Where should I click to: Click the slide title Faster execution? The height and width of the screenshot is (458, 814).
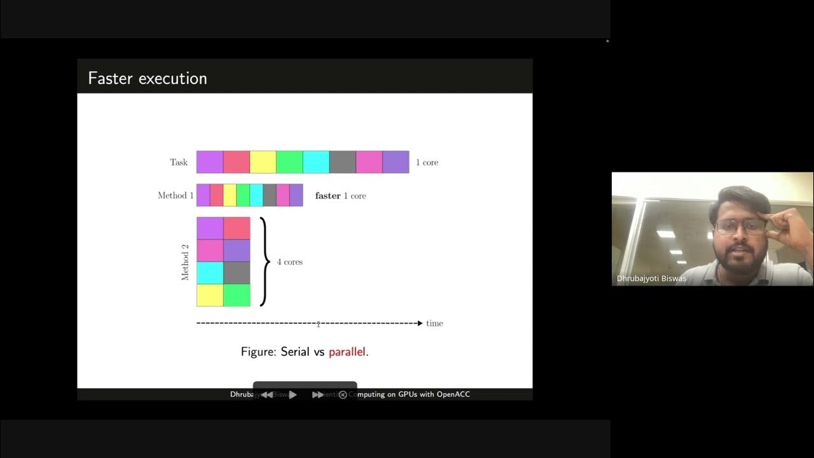pos(148,79)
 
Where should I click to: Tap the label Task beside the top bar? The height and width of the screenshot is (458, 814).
pos(179,162)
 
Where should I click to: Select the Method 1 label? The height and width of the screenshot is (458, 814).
pos(176,195)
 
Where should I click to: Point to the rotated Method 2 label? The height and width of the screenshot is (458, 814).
pos(185,261)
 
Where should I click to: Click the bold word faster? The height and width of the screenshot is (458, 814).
pos(328,196)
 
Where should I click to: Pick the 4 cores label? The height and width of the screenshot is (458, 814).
pos(289,262)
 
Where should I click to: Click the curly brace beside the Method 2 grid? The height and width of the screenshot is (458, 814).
pos(263,261)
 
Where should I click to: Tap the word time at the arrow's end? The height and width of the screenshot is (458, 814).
pos(434,323)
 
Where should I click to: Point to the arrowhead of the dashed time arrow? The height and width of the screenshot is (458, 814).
pos(420,323)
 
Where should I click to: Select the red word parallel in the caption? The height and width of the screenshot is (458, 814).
pos(347,352)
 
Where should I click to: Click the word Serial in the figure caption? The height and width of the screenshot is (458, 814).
pos(294,352)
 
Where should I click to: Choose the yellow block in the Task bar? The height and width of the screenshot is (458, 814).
pos(263,162)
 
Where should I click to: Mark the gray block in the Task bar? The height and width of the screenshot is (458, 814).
pos(343,162)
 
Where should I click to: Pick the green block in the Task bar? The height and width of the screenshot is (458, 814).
pos(289,162)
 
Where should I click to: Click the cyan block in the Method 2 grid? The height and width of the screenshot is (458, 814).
pos(210,273)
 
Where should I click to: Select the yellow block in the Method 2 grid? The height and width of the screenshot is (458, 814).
pos(210,295)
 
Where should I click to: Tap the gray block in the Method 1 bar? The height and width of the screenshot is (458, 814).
pos(270,195)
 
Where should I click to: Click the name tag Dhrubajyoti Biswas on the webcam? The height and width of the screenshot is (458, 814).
pos(651,279)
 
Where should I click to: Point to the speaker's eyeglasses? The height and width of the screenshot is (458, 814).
pos(740,226)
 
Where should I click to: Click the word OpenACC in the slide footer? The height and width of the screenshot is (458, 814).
pos(453,394)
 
